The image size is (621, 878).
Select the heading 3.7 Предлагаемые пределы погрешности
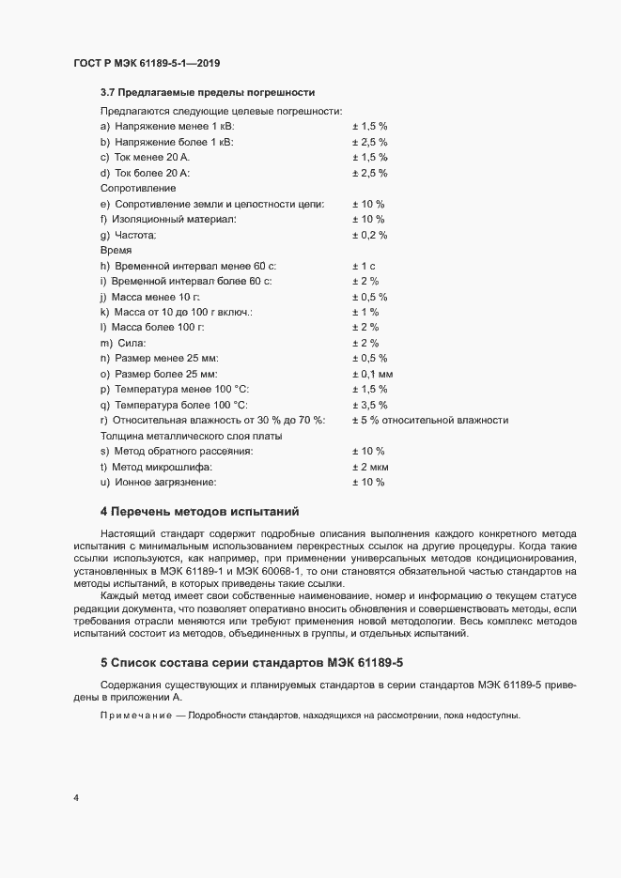[207, 92]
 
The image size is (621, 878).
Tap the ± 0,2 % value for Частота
[369, 235]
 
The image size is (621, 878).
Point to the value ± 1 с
[363, 266]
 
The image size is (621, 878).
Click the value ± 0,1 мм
[372, 374]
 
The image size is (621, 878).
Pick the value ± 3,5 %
[369, 405]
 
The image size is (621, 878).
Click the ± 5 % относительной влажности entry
[429, 420]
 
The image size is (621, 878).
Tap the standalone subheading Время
[116, 251]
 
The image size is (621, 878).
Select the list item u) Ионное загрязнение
[158, 482]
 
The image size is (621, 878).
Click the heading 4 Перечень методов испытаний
[199, 512]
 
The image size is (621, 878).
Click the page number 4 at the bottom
[75, 798]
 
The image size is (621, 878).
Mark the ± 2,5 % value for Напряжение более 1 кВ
[369, 142]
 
